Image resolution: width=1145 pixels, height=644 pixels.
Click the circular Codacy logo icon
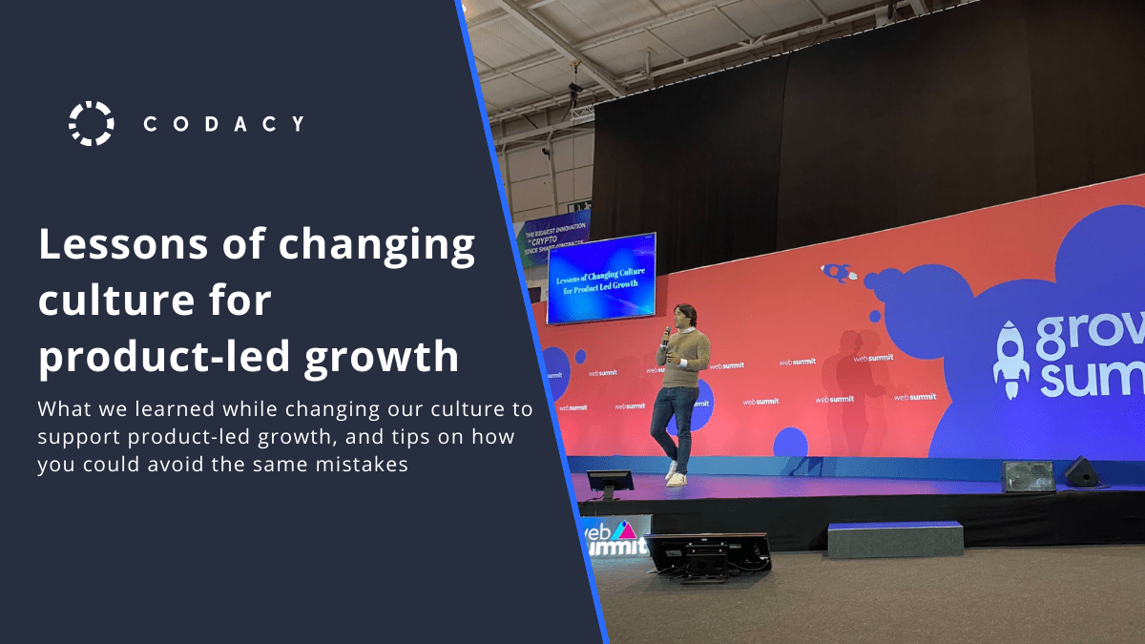tap(92, 123)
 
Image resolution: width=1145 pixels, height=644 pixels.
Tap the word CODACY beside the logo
tap(224, 124)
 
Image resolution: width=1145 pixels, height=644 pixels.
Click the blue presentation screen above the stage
tap(601, 277)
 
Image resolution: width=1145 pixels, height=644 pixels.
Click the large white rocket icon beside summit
tap(1011, 358)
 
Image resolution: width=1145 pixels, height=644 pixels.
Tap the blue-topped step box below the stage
tap(894, 538)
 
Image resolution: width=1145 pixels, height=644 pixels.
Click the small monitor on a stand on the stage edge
tap(610, 483)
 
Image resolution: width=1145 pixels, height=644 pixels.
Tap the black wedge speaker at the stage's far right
tap(1082, 471)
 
